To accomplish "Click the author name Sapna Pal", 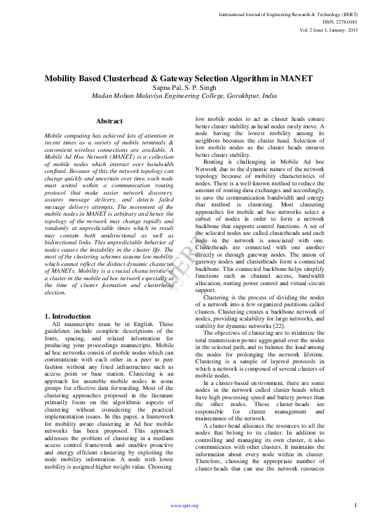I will [x=164, y=88].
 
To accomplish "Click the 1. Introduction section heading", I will [x=68, y=316].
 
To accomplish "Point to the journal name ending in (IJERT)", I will [x=287, y=13].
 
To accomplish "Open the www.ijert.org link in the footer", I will [x=184, y=505].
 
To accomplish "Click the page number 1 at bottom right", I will [x=356, y=505].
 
